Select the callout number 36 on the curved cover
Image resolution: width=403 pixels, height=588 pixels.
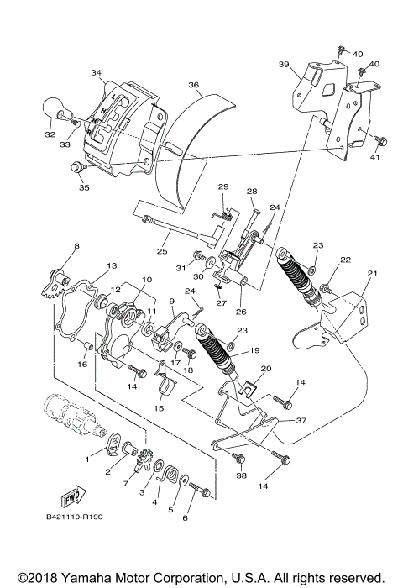pos(193,85)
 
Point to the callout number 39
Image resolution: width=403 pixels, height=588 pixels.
pos(284,65)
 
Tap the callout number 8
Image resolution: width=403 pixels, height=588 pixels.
pos(76,245)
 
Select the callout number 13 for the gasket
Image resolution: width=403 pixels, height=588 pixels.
pos(112,265)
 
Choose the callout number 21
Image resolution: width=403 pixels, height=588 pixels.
pos(372,274)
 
